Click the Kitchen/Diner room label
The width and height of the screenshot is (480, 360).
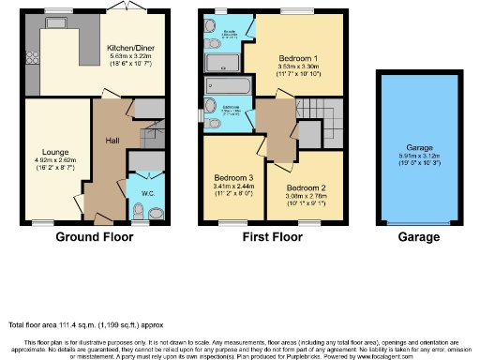(132, 47)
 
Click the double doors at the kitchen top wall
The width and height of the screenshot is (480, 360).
(117, 11)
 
